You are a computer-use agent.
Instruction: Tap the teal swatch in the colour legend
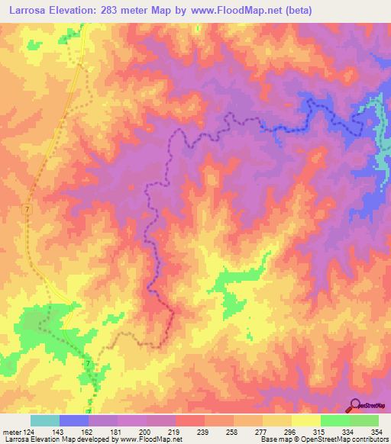[x=45, y=420]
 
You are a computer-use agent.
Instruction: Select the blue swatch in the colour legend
[x=74, y=420]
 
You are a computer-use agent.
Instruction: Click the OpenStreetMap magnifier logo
[x=356, y=405]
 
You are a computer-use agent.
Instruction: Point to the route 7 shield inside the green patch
[x=89, y=363]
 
